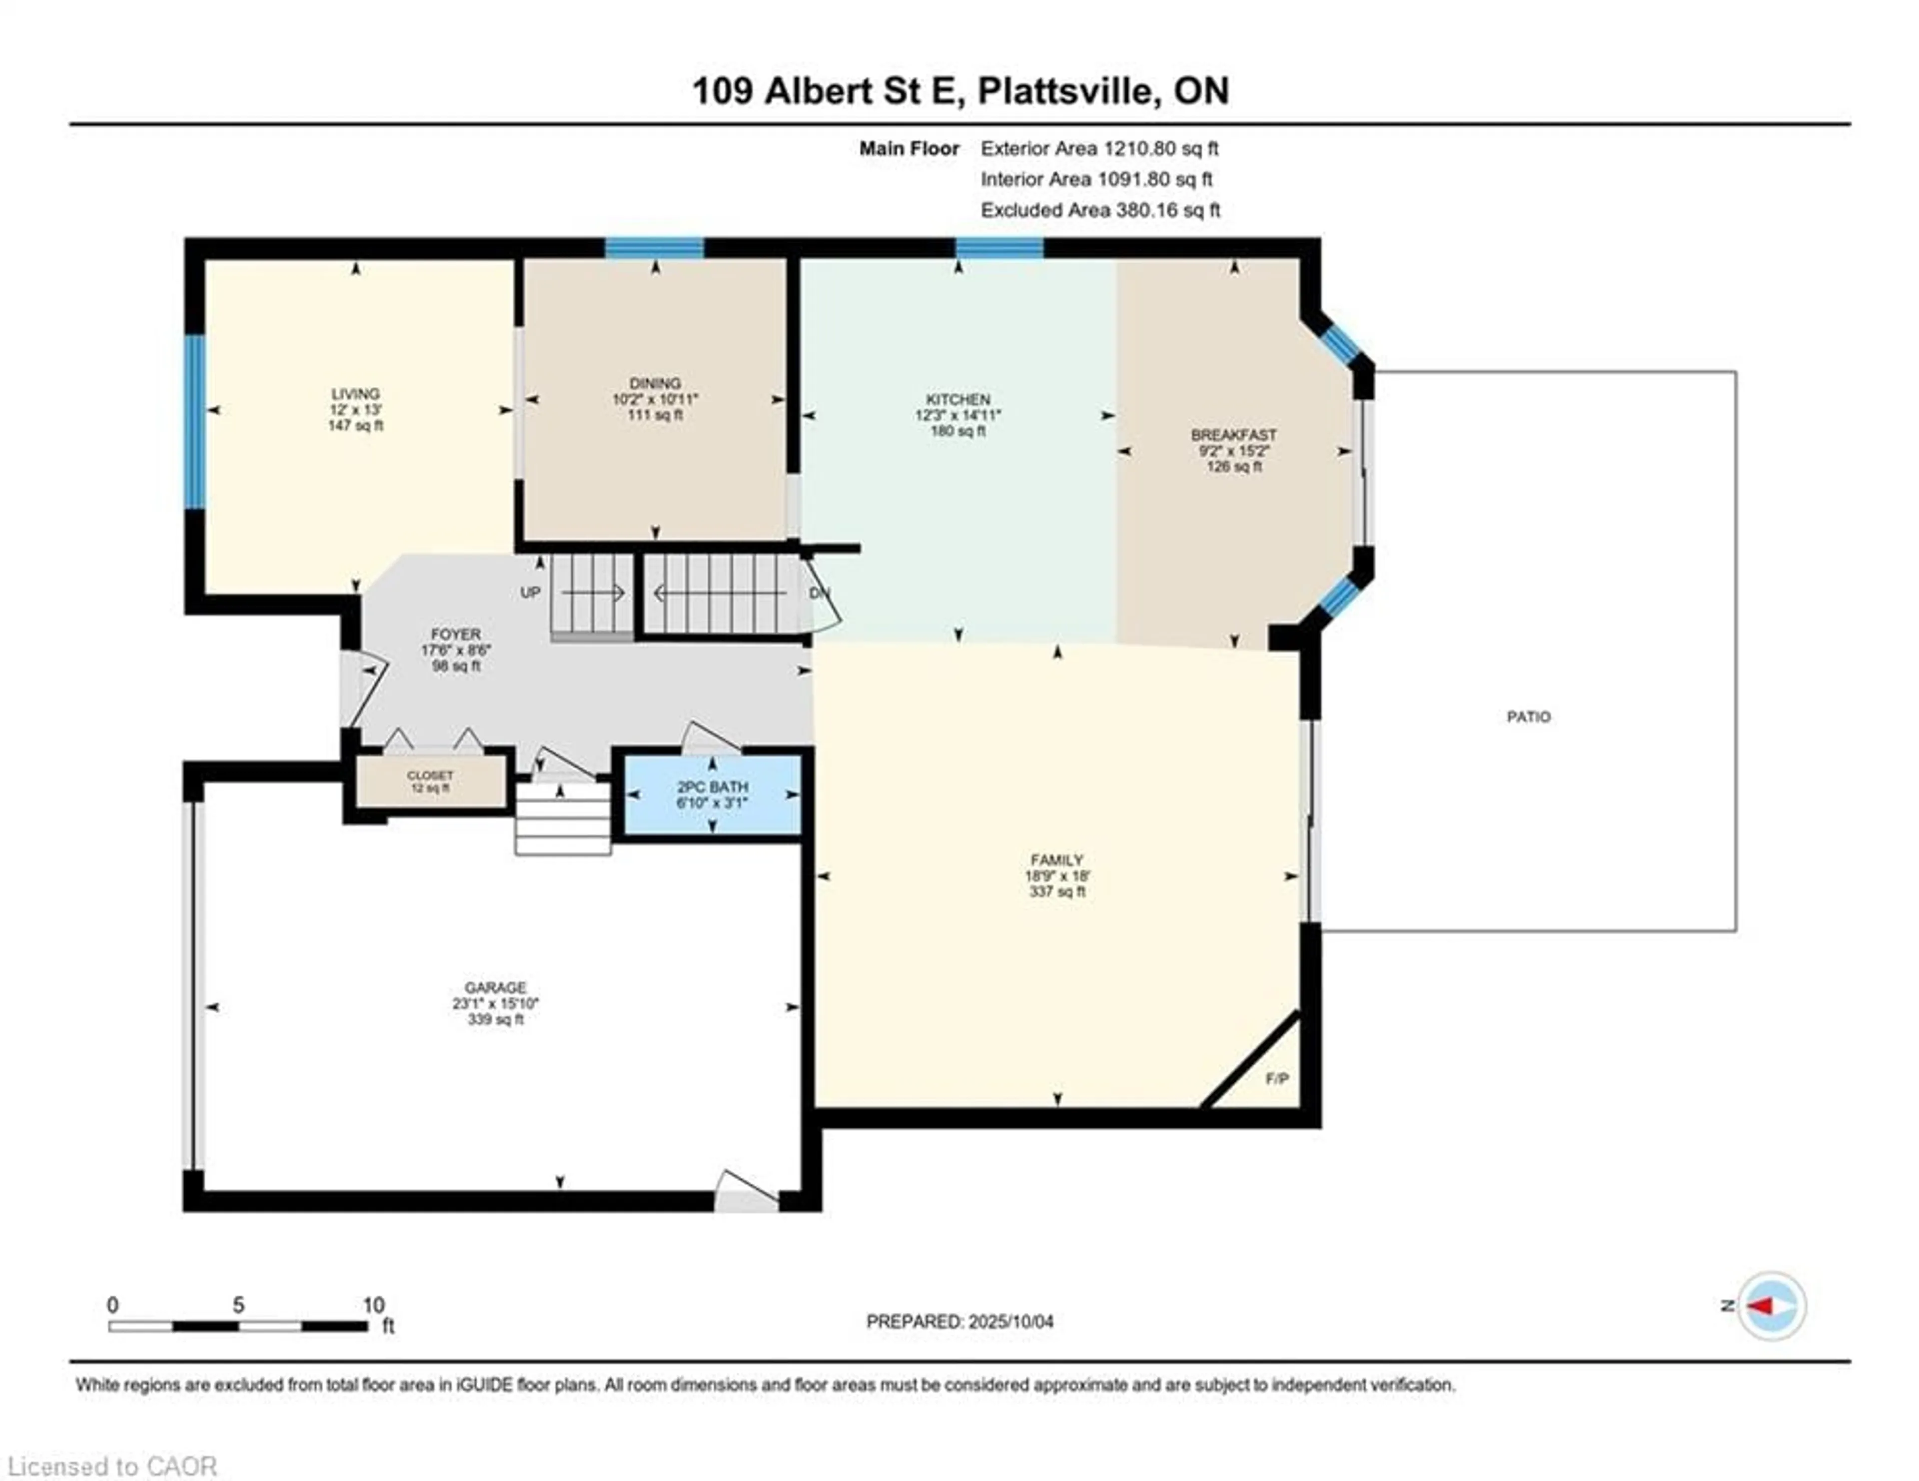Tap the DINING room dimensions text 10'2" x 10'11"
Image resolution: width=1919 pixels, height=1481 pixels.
pyautogui.click(x=655, y=399)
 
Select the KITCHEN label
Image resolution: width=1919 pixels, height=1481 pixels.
pyautogui.click(x=957, y=399)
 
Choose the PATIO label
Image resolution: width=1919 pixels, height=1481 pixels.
pyautogui.click(x=1528, y=717)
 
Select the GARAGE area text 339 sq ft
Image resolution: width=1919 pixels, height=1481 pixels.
pyautogui.click(x=496, y=1020)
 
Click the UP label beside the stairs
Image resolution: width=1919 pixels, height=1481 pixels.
pyautogui.click(x=530, y=593)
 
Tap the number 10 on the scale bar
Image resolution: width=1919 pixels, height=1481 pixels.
pyautogui.click(x=373, y=1305)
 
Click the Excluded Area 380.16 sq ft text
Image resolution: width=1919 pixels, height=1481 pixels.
pyautogui.click(x=1100, y=210)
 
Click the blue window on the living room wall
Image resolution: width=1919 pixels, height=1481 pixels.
pyautogui.click(x=194, y=422)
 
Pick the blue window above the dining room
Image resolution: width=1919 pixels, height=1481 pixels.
pyautogui.click(x=655, y=248)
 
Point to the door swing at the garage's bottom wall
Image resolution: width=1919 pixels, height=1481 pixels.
pyautogui.click(x=745, y=1193)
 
